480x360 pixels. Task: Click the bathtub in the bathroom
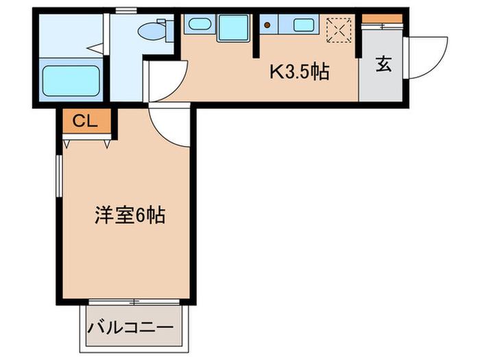tap(71, 81)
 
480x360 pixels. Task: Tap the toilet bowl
tap(152, 31)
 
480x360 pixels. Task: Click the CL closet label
tap(85, 121)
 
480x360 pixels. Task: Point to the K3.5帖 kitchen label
tap(300, 72)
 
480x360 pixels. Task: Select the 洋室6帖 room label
tap(130, 215)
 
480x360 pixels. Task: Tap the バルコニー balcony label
tap(131, 328)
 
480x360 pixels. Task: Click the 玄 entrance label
tap(383, 64)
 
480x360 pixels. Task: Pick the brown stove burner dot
tap(267, 25)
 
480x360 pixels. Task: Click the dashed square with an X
tap(339, 30)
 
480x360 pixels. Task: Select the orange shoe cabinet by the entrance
tap(382, 19)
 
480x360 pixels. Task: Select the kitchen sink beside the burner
tap(303, 25)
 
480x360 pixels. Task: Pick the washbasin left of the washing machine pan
tap(200, 24)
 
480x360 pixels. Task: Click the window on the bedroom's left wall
tap(59, 176)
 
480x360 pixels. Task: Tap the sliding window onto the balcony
tap(134, 302)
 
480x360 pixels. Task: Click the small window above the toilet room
tap(126, 11)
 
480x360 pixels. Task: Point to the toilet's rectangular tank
tap(169, 31)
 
